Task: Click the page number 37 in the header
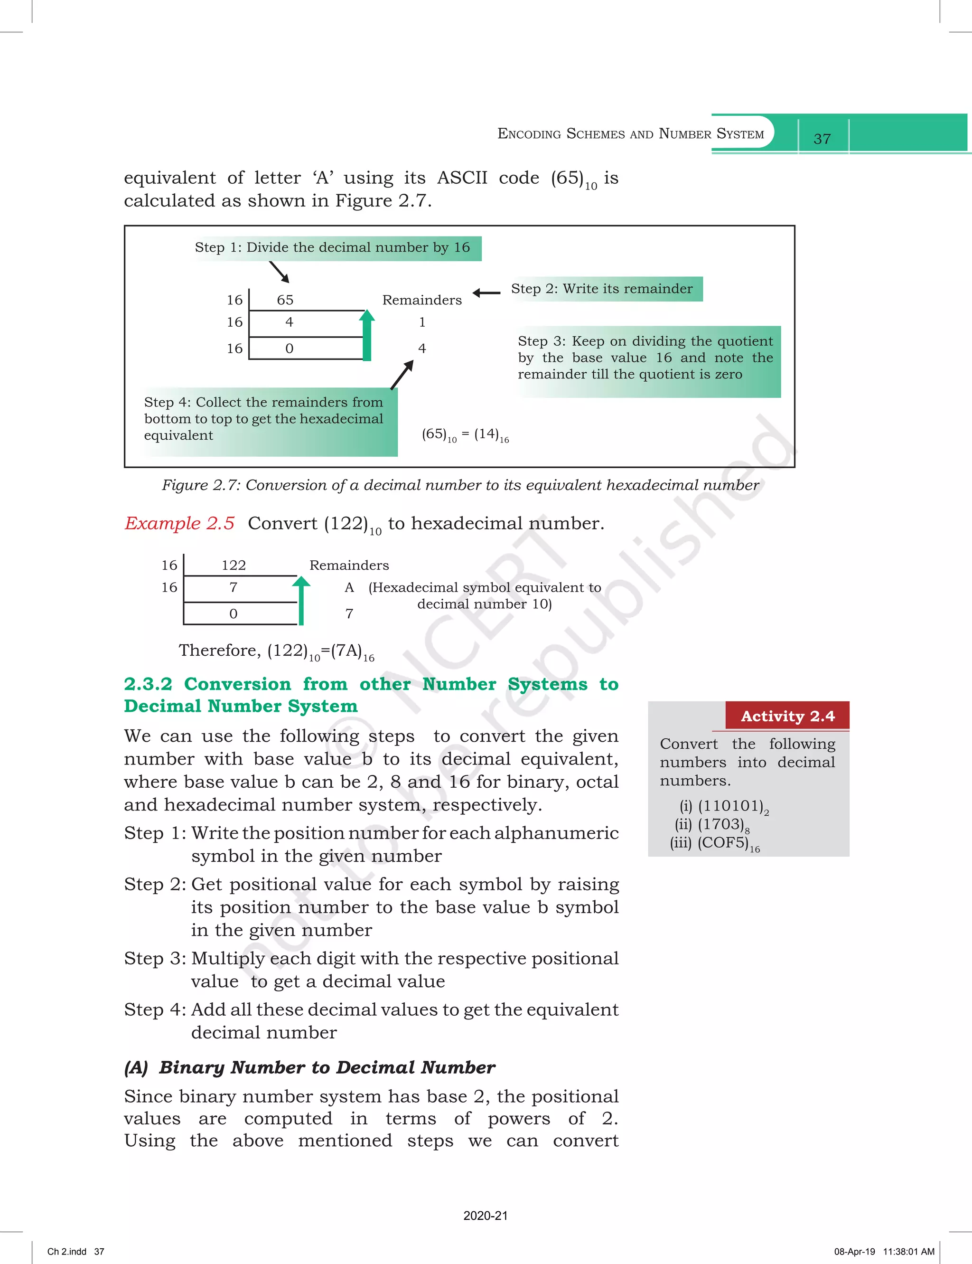coord(822,139)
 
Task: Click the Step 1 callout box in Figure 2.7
coord(333,248)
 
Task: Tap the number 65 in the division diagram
coord(285,300)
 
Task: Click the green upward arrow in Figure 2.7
coord(367,336)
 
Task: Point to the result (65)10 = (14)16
coord(465,434)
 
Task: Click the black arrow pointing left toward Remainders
coord(486,293)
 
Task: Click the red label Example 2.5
coord(179,523)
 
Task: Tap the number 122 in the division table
coord(234,566)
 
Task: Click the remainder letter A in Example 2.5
coord(349,588)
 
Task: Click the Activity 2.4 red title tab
coord(787,717)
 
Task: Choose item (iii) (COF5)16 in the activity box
coord(715,844)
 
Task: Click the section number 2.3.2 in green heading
coord(148,684)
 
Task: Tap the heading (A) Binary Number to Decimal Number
coord(309,1067)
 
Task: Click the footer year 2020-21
coord(486,1216)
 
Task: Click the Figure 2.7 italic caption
coord(460,485)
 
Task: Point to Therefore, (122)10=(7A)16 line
coord(277,651)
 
